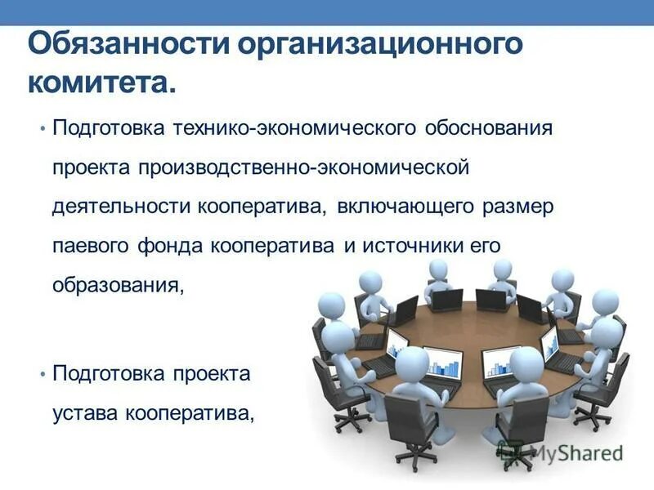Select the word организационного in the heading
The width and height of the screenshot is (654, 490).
(379, 44)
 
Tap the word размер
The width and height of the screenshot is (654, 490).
(517, 207)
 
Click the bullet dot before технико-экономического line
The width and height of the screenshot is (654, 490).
(42, 129)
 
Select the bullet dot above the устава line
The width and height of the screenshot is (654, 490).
(42, 373)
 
